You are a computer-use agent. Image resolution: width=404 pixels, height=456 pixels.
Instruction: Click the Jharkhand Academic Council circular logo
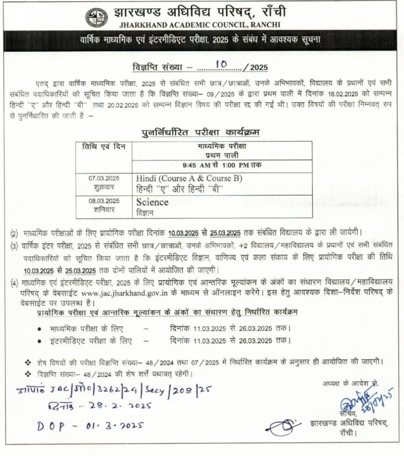pyautogui.click(x=97, y=18)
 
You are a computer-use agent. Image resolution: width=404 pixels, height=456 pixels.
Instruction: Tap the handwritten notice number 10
pyautogui.click(x=221, y=64)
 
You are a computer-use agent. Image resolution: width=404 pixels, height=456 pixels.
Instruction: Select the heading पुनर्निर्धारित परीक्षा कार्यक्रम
pyautogui.click(x=201, y=132)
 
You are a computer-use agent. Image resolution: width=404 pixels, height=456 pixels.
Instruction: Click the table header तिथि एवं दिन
pyautogui.click(x=104, y=146)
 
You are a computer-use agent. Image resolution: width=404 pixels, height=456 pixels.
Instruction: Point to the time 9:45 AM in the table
pyautogui.click(x=197, y=165)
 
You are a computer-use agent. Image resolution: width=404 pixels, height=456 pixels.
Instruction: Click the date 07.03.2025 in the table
pyautogui.click(x=104, y=178)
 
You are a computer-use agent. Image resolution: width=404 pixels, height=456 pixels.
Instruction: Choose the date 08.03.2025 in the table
pyautogui.click(x=104, y=201)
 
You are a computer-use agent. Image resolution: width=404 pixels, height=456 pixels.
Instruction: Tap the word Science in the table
pyautogui.click(x=152, y=202)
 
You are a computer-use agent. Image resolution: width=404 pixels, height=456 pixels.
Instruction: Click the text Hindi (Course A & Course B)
pyautogui.click(x=189, y=179)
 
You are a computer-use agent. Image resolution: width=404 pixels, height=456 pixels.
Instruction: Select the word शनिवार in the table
pyautogui.click(x=104, y=210)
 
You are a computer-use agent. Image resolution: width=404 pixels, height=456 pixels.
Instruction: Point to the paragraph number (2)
pyautogui.click(x=14, y=234)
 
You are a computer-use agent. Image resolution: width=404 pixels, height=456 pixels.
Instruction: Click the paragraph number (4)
pyautogui.click(x=14, y=283)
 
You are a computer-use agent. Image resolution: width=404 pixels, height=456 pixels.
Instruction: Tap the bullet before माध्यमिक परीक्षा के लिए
pyautogui.click(x=39, y=329)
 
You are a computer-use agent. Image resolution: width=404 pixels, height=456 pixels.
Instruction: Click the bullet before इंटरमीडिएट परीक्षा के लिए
pyautogui.click(x=39, y=341)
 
